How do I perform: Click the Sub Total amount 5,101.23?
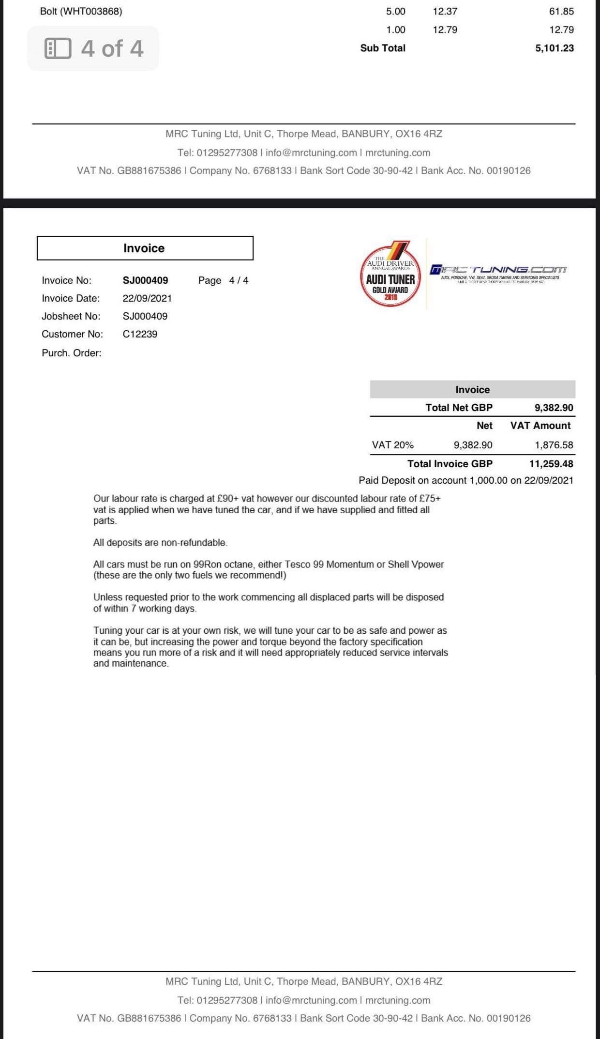point(554,48)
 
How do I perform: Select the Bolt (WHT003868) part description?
point(81,11)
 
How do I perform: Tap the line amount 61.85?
point(561,11)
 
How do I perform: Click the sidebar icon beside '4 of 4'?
point(58,48)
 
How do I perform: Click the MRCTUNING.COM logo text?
point(498,269)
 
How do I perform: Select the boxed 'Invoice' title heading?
point(144,248)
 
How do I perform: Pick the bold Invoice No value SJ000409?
point(145,280)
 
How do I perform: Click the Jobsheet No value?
point(145,316)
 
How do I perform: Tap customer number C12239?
point(140,334)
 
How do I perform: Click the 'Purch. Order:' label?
point(72,353)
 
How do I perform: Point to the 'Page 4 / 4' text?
point(223,280)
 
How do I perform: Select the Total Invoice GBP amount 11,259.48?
point(551,464)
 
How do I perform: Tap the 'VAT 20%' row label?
point(392,445)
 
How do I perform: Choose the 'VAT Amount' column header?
point(540,426)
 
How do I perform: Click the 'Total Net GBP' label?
point(459,408)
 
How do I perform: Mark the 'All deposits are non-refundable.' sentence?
point(160,543)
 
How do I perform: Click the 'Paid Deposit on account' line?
point(465,480)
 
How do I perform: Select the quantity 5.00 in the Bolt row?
point(395,11)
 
